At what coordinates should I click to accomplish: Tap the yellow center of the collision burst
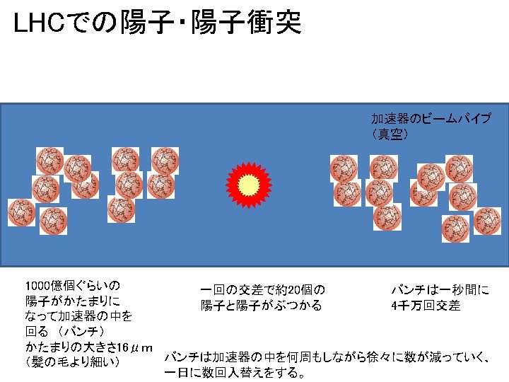coord(248,185)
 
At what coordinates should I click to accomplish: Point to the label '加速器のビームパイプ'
coord(431,118)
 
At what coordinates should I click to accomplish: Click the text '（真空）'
coord(390,134)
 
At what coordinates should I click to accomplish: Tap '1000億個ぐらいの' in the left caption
coord(72,286)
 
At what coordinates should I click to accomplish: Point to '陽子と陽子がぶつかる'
coord(261,306)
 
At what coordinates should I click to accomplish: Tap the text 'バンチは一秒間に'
coord(440,290)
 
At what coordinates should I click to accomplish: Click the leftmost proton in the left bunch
coord(21,212)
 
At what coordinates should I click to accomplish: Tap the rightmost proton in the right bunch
coord(487,221)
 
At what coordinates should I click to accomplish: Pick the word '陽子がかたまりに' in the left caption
coord(72,301)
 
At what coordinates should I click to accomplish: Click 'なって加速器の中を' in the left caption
coord(78,316)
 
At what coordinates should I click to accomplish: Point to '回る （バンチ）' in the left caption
coord(64,332)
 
